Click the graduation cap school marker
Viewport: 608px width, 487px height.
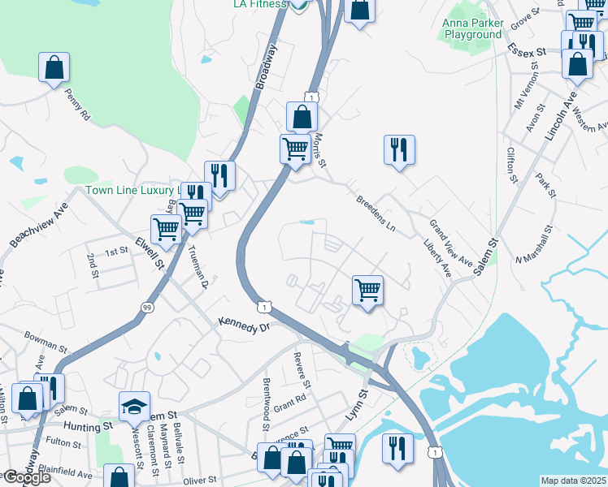135,405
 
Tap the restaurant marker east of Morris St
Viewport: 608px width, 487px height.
399,150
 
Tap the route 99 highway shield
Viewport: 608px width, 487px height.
147,308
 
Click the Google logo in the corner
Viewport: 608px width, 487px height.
26,477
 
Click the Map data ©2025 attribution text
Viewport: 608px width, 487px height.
574,481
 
